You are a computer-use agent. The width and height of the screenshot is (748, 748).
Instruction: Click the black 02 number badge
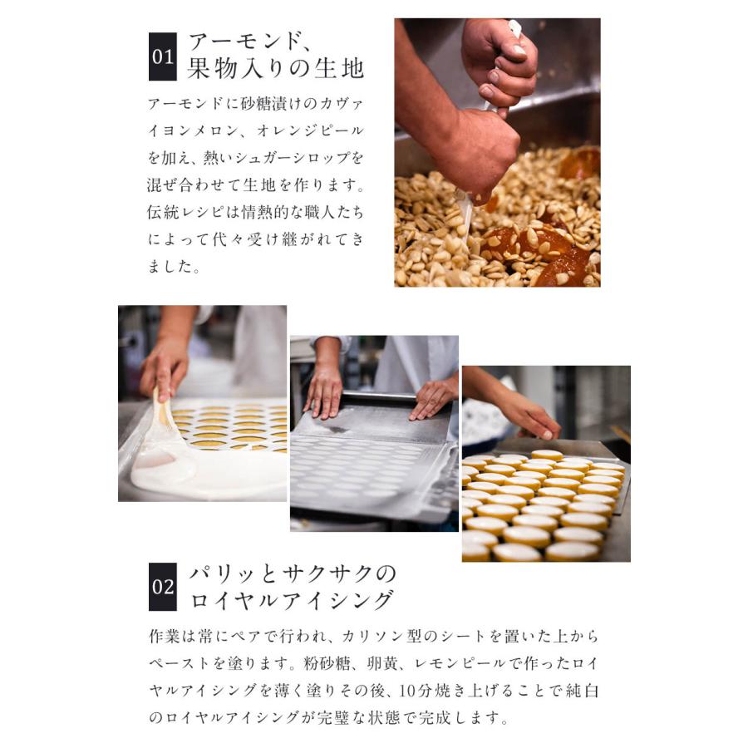162,588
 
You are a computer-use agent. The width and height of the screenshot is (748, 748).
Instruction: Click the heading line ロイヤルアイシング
292,600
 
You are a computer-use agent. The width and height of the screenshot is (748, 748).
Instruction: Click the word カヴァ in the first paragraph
341,105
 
